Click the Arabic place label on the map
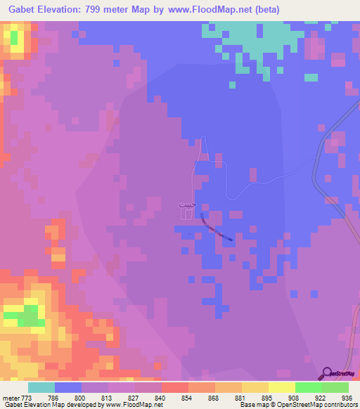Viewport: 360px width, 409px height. click(186, 204)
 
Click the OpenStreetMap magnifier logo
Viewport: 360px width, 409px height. click(328, 372)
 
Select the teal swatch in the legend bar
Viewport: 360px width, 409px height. click(41, 387)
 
